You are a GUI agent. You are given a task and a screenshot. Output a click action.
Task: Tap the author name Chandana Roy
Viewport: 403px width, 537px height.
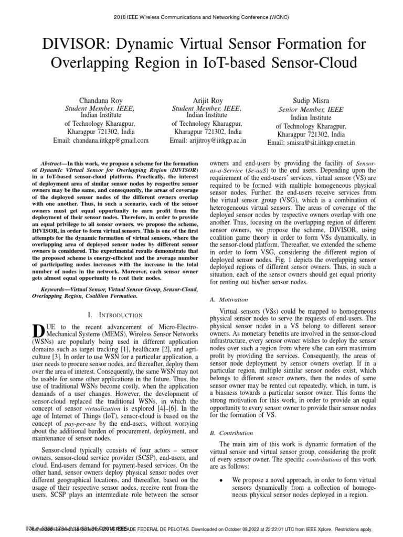pyautogui.click(x=101, y=100)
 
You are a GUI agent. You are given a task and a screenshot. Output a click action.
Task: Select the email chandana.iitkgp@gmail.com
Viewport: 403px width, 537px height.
pyautogui.click(x=101, y=141)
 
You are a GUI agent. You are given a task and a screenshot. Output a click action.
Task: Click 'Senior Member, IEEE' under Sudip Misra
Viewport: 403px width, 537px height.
pyautogui.click(x=311, y=110)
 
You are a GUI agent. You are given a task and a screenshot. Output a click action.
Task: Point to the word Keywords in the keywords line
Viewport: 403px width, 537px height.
pyautogui.click(x=55, y=289)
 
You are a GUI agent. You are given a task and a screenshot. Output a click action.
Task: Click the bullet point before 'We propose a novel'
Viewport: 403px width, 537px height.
pyautogui.click(x=225, y=479)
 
